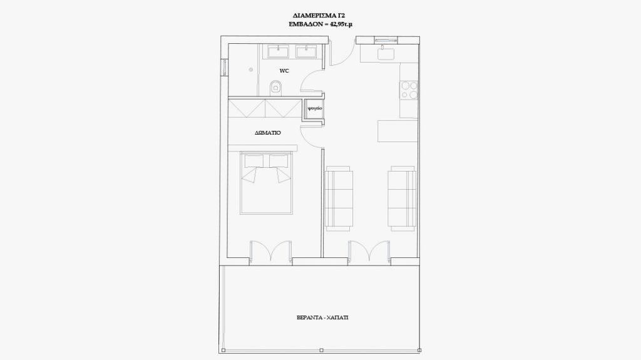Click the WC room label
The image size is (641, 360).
click(284, 71)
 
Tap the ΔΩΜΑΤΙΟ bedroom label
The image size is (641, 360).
click(268, 133)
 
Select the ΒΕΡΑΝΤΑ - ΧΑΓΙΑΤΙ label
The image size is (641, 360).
click(322, 317)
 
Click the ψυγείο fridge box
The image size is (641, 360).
click(315, 108)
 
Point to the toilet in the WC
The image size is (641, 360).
click(276, 87)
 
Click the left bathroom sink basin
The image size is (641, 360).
click(278, 52)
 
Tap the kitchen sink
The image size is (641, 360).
click(386, 54)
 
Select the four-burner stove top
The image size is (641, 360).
click(409, 90)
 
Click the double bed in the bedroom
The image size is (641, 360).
click(267, 183)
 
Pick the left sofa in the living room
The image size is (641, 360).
click(339, 198)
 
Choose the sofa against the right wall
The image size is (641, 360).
click(403, 198)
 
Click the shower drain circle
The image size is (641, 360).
click(250, 69)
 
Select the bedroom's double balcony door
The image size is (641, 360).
click(271, 250)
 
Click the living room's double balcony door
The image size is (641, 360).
click(369, 250)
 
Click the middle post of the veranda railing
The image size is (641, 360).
click(321, 350)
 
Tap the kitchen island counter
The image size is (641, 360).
click(397, 131)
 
